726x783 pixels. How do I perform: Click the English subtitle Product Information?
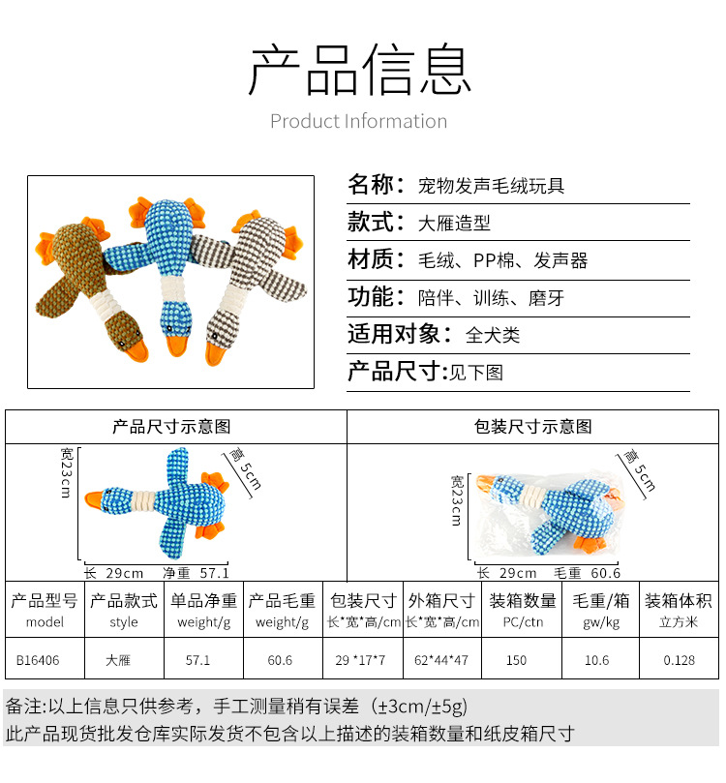pyautogui.click(x=358, y=122)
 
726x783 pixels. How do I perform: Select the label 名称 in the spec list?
pyautogui.click(x=372, y=185)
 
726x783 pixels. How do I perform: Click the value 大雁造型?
pyautogui.click(x=454, y=224)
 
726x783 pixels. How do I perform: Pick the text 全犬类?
pyautogui.click(x=493, y=336)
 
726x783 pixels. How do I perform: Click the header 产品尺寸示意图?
pyautogui.click(x=172, y=427)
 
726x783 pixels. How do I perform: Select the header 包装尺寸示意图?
pyautogui.click(x=533, y=427)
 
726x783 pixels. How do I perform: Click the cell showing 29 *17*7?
pyautogui.click(x=360, y=662)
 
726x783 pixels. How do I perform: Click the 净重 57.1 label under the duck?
pyautogui.click(x=196, y=573)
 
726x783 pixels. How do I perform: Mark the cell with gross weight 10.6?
pyautogui.click(x=597, y=662)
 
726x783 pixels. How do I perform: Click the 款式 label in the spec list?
pyautogui.click(x=372, y=222)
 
